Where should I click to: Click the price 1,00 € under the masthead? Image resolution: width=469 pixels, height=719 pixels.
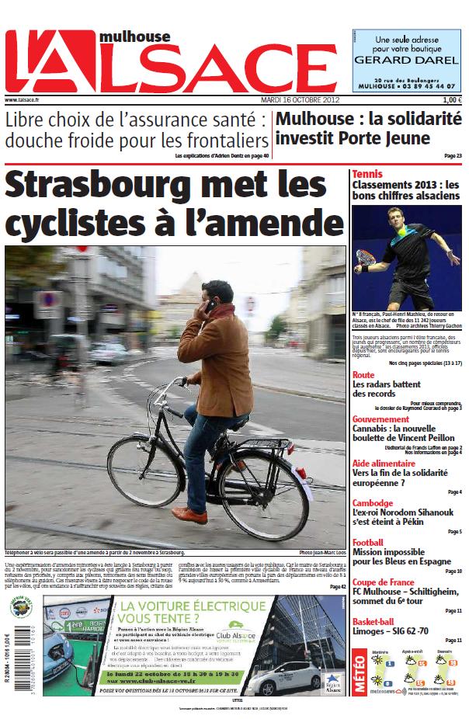(x=452, y=100)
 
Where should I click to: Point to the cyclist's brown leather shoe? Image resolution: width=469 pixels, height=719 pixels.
(x=189, y=514)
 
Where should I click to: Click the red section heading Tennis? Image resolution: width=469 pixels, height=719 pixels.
(x=367, y=174)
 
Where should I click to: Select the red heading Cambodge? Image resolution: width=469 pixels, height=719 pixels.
(x=373, y=502)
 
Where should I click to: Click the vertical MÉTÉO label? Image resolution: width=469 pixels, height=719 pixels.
(x=360, y=672)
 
